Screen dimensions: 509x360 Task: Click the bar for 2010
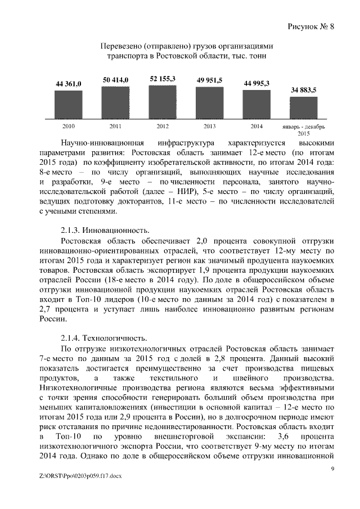(x=68, y=104)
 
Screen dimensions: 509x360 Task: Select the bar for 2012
(x=163, y=101)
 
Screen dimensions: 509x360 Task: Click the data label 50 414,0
(x=115, y=81)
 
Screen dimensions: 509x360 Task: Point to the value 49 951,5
(x=210, y=81)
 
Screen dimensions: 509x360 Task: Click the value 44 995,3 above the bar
(x=256, y=83)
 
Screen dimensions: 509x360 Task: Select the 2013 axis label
(x=210, y=126)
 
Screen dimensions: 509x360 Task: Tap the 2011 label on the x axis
(x=115, y=126)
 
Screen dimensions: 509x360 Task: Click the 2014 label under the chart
(x=256, y=126)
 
